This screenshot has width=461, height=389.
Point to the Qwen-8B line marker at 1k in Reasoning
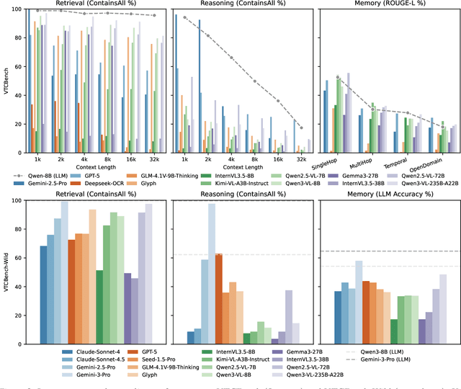click(184, 17)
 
